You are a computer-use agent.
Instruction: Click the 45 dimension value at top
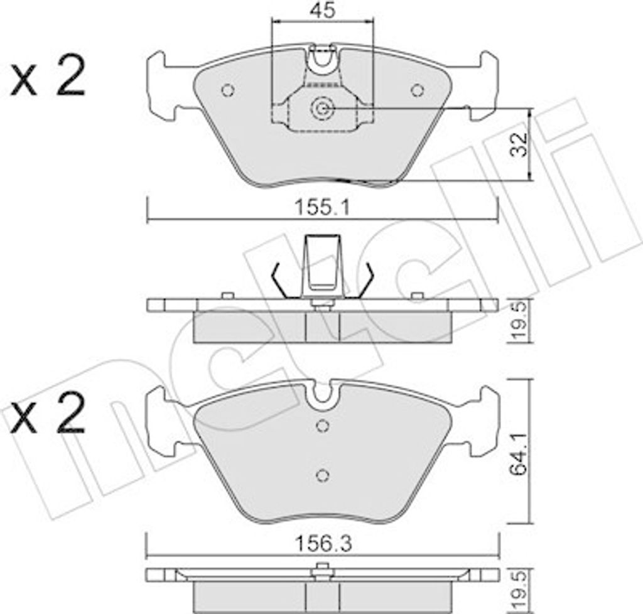[x=323, y=10]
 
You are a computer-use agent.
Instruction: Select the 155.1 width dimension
[x=323, y=208]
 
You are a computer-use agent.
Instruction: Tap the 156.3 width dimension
[x=323, y=544]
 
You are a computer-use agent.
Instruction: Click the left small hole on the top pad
[x=227, y=90]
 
